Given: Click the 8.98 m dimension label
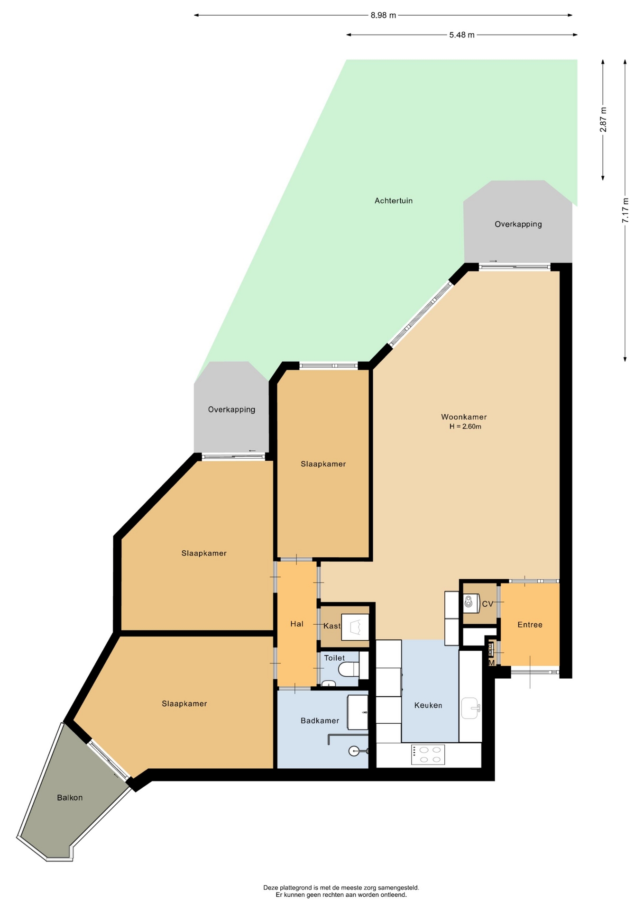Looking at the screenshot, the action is (383, 15).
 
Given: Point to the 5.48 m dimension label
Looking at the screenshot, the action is (462, 35).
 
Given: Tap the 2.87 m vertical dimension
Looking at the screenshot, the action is (603, 119).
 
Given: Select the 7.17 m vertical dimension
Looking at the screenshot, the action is (626, 210).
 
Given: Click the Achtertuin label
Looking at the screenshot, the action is (394, 200).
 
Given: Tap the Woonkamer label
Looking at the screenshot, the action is (464, 417).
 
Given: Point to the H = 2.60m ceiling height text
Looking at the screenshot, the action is (465, 427).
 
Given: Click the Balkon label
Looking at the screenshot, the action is (70, 798).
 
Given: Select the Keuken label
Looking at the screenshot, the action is (428, 705).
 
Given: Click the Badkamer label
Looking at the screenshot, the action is (320, 721).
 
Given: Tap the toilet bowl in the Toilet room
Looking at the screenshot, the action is (349, 669).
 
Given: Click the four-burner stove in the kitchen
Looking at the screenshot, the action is (428, 755).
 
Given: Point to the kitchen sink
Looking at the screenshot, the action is (470, 708).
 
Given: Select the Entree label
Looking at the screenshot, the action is (530, 625).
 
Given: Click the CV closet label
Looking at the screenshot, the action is (488, 604).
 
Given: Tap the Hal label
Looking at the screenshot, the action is (297, 624).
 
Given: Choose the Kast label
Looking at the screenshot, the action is (332, 626).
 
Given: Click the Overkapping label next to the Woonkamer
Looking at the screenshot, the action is (518, 224).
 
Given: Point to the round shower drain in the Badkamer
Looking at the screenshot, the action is (354, 751).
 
